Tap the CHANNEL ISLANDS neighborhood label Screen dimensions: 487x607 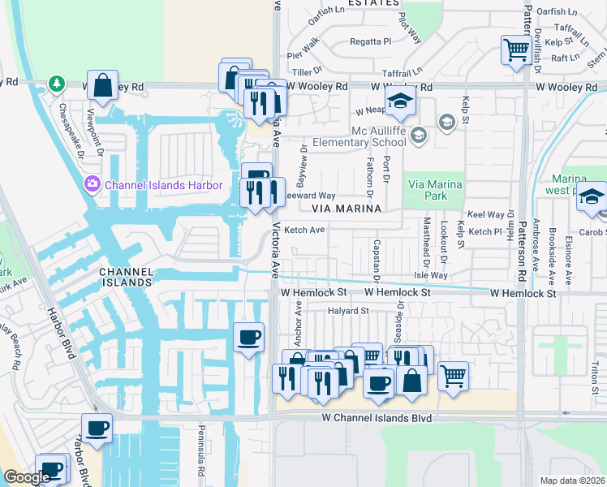(125, 276)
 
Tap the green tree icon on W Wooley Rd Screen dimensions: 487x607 (56, 83)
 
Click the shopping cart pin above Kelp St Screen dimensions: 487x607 (516, 50)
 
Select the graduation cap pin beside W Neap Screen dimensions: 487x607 (399, 102)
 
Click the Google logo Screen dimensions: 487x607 (26, 477)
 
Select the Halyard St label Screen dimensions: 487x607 (348, 310)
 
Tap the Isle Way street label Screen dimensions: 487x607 (431, 276)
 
